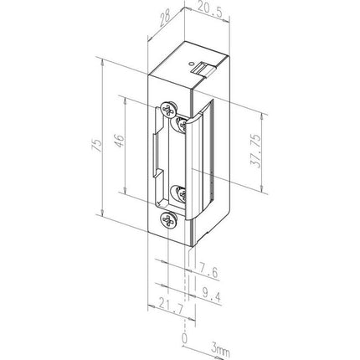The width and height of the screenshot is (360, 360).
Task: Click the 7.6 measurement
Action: (211, 270)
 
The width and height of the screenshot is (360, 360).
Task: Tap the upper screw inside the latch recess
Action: (181, 123)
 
